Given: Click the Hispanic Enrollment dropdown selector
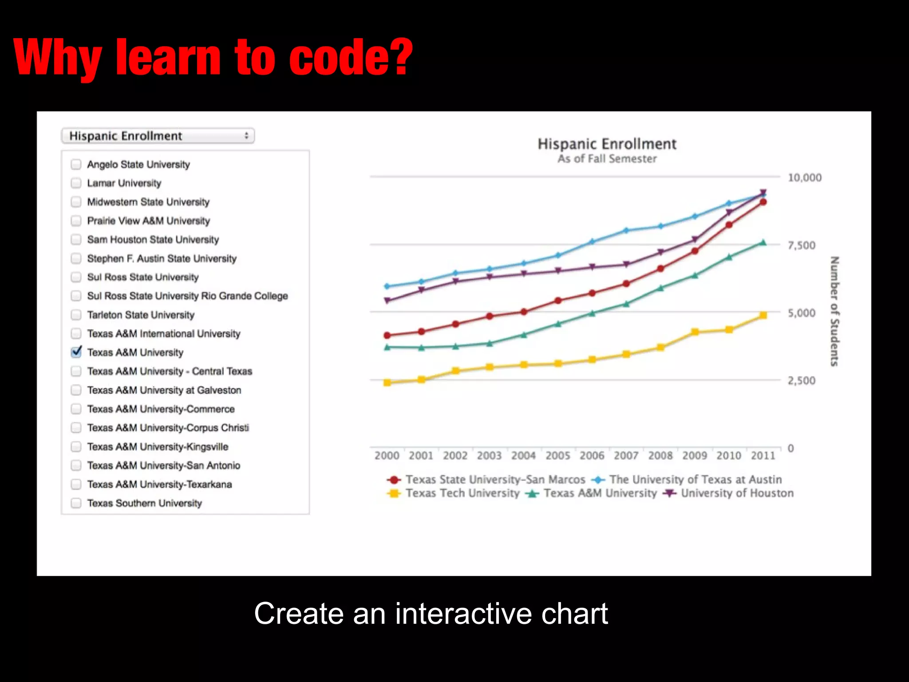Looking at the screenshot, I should click(x=158, y=136).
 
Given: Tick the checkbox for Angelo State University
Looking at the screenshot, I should click(x=76, y=164).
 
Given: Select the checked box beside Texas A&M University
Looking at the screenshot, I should click(x=76, y=352).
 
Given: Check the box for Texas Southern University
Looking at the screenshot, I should click(x=76, y=503).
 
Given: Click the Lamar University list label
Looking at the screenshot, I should click(x=124, y=183).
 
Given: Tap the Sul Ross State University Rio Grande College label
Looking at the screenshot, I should click(x=187, y=296).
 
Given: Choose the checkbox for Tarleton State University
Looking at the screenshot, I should click(x=76, y=315).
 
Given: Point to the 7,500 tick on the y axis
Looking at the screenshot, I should click(x=801, y=246).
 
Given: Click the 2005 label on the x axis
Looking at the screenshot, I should click(x=557, y=456).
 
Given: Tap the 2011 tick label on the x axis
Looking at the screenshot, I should click(x=763, y=456).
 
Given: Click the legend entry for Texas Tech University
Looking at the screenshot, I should click(x=462, y=493).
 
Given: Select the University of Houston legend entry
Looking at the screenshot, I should click(x=737, y=493).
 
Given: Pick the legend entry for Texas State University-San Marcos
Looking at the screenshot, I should click(x=495, y=480).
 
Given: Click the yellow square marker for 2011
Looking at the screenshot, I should click(x=763, y=315).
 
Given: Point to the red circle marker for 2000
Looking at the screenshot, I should click(x=387, y=335).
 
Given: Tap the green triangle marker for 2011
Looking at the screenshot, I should click(x=763, y=242).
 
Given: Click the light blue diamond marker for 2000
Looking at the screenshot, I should click(x=387, y=286).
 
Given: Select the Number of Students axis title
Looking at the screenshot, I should click(x=834, y=311).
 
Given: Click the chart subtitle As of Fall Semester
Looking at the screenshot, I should click(x=607, y=159).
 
